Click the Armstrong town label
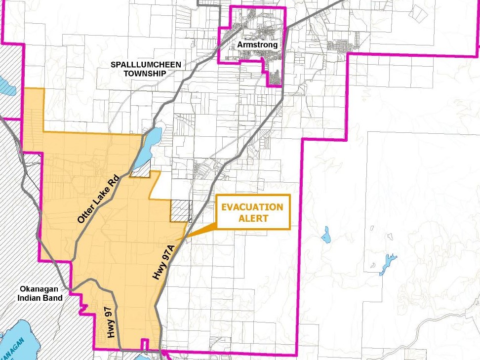257,44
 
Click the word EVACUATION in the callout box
252,207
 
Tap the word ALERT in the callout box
252,218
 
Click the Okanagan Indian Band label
41,293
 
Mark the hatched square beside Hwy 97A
180,211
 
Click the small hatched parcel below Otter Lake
140,171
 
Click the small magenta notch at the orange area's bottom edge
144,344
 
